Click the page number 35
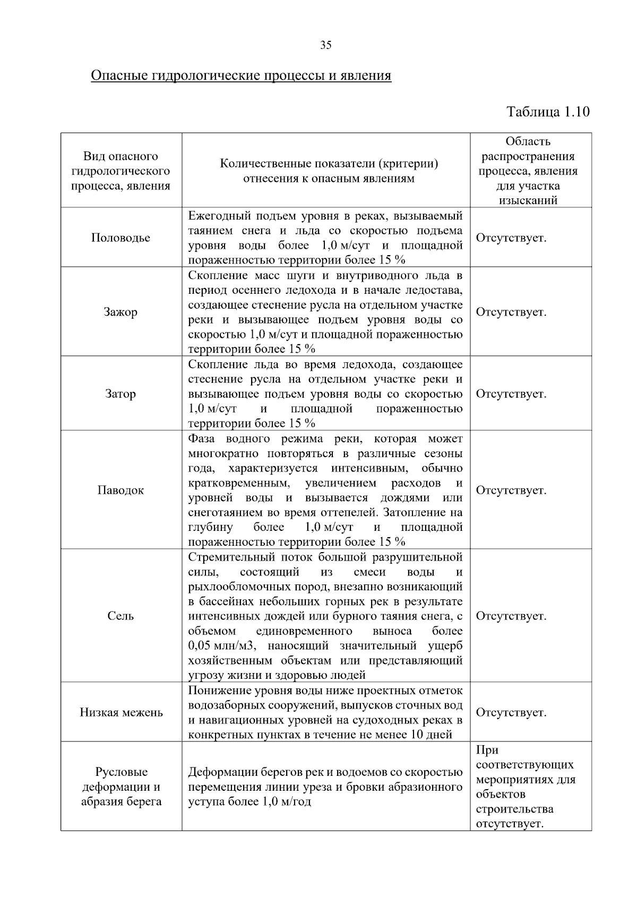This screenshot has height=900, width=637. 326,45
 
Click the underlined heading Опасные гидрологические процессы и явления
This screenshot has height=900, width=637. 241,75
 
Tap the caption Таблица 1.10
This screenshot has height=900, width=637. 548,112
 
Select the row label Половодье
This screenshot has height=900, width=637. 120,238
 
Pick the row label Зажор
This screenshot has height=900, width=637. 120,312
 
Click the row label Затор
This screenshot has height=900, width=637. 120,394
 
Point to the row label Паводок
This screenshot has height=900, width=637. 120,490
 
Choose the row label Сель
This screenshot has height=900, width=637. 120,616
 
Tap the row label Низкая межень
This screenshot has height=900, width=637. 121,712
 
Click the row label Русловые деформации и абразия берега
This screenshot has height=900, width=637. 121,787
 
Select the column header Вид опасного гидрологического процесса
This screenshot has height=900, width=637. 120,171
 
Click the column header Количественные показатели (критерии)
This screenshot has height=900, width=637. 329,171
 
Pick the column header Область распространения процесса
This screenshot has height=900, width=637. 528,171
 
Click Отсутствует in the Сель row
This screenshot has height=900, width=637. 511,616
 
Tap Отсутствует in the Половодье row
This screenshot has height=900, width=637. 511,238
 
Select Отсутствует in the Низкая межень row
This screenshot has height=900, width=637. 511,712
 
